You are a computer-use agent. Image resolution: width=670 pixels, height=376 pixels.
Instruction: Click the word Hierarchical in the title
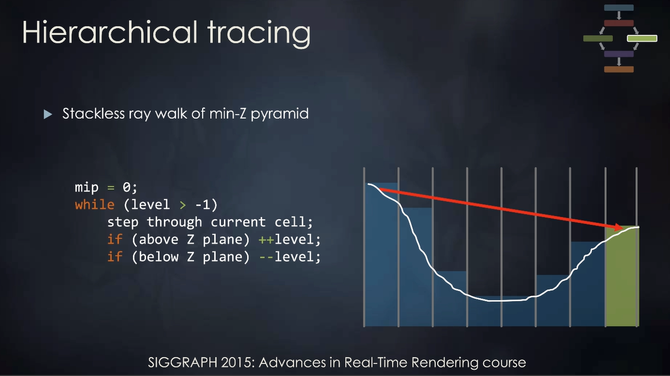click(x=110, y=32)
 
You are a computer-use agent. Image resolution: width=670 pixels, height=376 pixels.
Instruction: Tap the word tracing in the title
click(x=259, y=34)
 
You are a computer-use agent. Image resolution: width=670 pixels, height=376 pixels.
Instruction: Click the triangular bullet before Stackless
click(x=48, y=114)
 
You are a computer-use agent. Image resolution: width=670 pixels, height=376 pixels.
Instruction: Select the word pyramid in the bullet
click(x=280, y=114)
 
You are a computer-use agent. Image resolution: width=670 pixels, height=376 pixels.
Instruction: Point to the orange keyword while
click(x=94, y=204)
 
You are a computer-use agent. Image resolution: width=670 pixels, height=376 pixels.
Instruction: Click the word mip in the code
click(x=87, y=188)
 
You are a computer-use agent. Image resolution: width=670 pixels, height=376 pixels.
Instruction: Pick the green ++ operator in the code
click(x=266, y=239)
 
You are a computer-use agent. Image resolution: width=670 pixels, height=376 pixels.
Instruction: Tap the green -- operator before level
click(x=266, y=257)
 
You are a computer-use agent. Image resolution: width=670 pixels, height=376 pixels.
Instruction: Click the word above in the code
click(x=158, y=239)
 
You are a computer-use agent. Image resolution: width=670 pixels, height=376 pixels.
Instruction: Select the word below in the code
click(x=158, y=256)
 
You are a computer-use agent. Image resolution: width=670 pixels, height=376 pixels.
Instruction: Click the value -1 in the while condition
click(x=203, y=205)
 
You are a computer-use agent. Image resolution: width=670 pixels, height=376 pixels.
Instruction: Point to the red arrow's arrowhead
click(x=617, y=227)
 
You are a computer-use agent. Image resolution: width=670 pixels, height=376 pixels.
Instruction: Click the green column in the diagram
click(x=622, y=276)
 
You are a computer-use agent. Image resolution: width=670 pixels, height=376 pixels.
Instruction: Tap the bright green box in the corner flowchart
click(x=642, y=38)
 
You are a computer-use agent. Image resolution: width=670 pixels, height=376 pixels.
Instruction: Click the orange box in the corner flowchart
click(x=618, y=69)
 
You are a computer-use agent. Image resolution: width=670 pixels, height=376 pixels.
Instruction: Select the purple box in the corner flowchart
click(x=618, y=54)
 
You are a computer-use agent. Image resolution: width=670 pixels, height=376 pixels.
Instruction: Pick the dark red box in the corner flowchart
click(x=618, y=23)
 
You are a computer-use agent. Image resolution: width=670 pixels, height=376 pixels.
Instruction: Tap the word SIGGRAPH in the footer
click(x=182, y=362)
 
